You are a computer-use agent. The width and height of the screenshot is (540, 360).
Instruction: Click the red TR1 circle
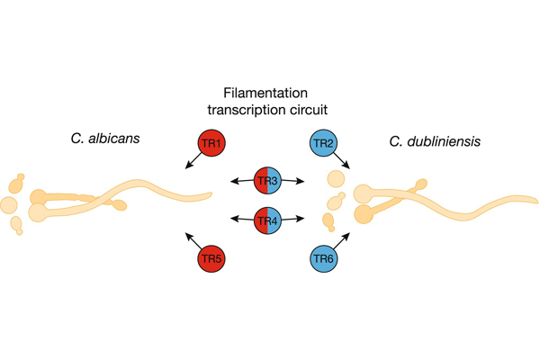pos(214,144)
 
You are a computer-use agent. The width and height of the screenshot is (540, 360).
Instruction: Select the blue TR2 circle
pos(324,144)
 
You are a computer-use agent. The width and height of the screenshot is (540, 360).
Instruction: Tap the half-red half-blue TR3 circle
pos(268,181)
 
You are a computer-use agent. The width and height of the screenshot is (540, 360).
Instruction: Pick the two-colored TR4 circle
pos(268,219)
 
